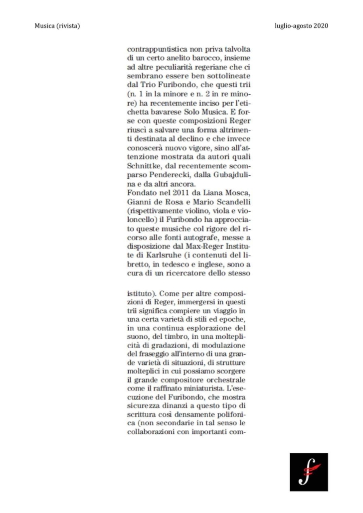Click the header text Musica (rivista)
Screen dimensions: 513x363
click(x=57, y=25)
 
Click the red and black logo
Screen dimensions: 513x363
click(x=309, y=472)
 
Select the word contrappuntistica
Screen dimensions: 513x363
click(x=157, y=50)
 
